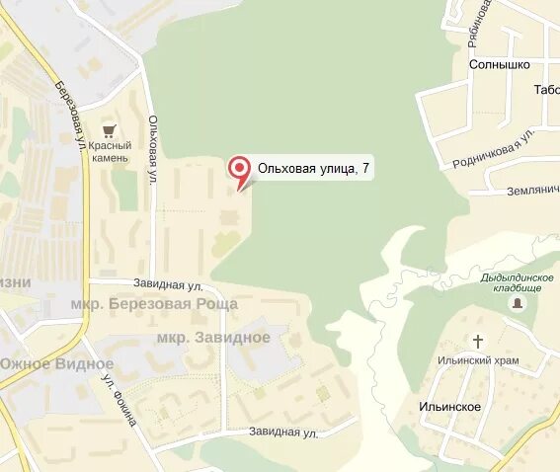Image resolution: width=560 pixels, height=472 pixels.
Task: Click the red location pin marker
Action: (239, 170)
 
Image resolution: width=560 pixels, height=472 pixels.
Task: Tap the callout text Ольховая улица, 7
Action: (314, 169)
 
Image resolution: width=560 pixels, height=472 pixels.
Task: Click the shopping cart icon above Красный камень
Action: (110, 129)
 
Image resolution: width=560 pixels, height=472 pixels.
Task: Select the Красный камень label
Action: (109, 152)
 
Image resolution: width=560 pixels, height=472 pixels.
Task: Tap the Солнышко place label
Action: (499, 64)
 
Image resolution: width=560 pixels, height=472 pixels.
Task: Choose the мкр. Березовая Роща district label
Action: (154, 304)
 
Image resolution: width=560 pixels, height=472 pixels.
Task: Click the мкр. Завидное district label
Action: (213, 338)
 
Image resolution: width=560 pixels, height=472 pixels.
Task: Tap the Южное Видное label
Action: (56, 363)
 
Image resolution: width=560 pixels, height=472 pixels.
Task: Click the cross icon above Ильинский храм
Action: (478, 342)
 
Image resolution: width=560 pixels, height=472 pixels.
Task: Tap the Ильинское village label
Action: (448, 407)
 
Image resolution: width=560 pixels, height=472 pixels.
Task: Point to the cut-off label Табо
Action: (546, 89)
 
